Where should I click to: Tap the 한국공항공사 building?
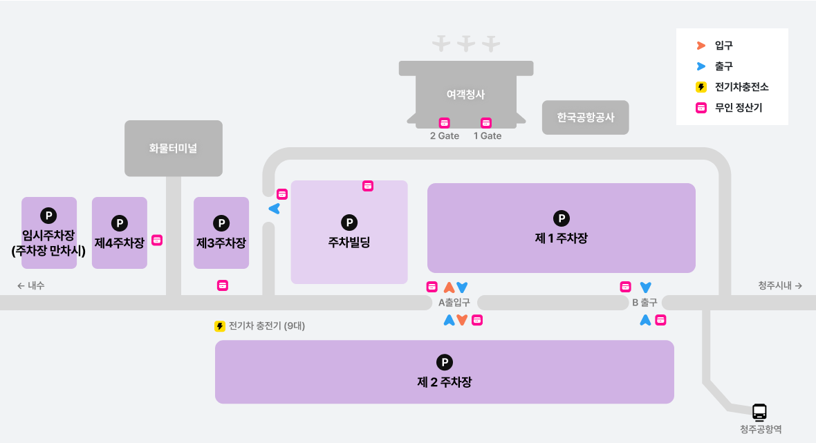(585, 117)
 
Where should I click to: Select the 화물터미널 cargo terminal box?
(173, 148)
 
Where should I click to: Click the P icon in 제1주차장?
(562, 218)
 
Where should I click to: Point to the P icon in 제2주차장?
(444, 362)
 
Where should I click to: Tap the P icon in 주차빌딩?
(349, 223)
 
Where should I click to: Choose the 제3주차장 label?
(221, 243)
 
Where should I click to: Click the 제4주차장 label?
(120, 243)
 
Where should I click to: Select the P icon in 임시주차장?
(48, 216)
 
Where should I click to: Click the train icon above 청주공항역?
(760, 412)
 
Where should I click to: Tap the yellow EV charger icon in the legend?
(701, 87)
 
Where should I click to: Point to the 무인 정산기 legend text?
(739, 108)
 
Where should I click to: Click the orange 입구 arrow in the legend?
(701, 46)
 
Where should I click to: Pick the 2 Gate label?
(445, 136)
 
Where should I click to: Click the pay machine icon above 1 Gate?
(486, 122)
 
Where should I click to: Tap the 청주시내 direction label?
(779, 285)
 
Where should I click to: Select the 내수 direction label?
(31, 285)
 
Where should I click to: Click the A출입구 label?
(454, 303)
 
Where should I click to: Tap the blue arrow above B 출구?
(646, 287)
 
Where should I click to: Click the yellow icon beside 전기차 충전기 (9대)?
(220, 326)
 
